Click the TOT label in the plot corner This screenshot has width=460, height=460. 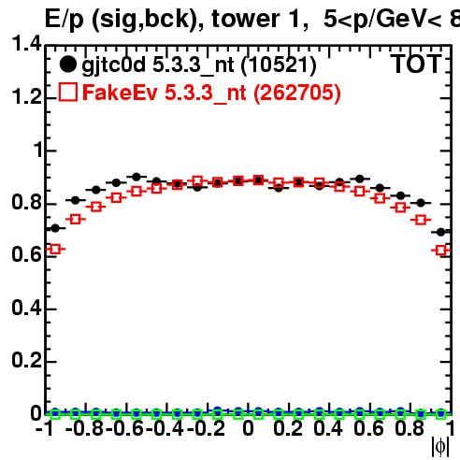point(416,64)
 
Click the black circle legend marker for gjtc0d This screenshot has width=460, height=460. point(67,65)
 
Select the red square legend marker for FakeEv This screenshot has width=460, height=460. point(68,92)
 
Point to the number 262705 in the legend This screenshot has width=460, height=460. point(296,93)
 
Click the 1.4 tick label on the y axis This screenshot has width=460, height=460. point(26,43)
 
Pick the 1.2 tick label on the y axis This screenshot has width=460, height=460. point(26,96)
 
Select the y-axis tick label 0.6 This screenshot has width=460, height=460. point(26,254)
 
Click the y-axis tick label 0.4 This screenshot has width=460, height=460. point(26,308)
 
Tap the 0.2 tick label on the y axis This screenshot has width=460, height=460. point(26,360)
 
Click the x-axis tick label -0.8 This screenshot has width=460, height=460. point(85,428)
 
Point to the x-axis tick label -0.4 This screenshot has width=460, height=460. point(165,428)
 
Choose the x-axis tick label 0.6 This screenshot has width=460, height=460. point(368,428)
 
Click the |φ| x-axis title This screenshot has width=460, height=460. point(440,447)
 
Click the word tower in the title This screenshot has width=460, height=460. point(246,19)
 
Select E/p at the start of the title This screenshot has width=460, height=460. point(65,20)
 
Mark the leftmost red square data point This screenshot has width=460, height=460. point(55,249)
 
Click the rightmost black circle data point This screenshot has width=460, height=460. point(440,232)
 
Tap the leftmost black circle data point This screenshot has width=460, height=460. point(55,228)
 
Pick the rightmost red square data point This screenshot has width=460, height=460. point(441,251)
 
